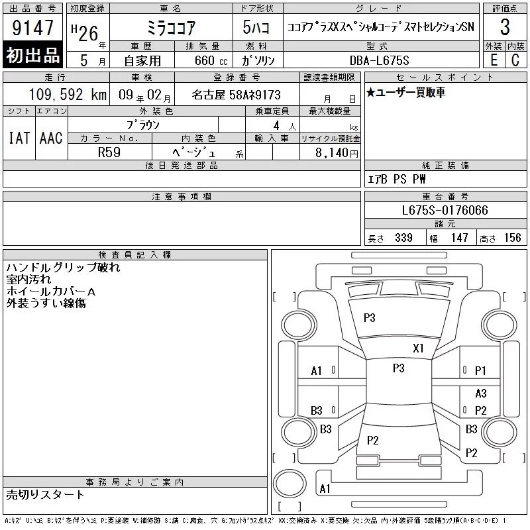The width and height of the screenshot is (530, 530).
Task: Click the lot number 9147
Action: pyautogui.click(x=32, y=27)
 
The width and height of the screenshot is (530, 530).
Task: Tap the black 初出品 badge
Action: pyautogui.click(x=32, y=55)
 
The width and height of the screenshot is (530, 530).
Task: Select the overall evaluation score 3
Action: pyautogui.click(x=505, y=27)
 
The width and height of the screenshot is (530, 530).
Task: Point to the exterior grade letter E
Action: pyautogui.click(x=494, y=60)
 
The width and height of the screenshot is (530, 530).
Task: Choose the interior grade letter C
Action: pyautogui.click(x=515, y=60)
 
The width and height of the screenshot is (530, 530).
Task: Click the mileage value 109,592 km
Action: pyautogui.click(x=68, y=95)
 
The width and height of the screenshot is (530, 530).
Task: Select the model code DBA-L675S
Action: pyautogui.click(x=379, y=60)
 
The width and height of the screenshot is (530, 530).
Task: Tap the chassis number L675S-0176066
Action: pyautogui.click(x=445, y=210)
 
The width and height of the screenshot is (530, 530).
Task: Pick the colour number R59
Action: pyautogui.click(x=109, y=152)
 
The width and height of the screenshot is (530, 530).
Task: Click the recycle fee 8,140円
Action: pyautogui.click(x=337, y=153)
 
